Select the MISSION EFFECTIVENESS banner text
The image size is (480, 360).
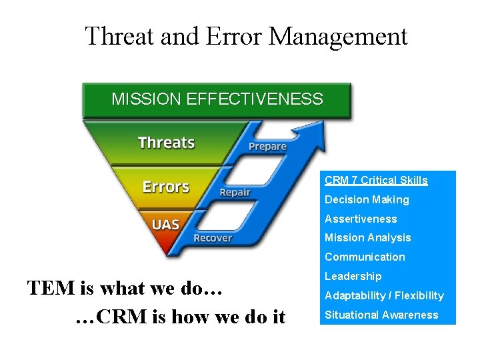coord(217,100)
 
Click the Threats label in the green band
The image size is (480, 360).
coord(166,143)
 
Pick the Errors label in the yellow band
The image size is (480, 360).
coord(166,187)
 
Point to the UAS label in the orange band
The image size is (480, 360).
coord(165,225)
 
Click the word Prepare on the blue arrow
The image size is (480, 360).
coord(267,147)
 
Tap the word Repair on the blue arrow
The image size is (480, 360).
coord(235,193)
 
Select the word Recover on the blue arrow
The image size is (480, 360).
coord(213,238)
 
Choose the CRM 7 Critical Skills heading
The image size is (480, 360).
coord(376,180)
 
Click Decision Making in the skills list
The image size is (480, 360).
coord(367,199)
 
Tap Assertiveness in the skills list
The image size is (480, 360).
coord(361,219)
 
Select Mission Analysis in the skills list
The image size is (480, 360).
coord(368,238)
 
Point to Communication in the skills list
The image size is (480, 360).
coord(365,257)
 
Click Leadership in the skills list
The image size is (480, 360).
coord(353,276)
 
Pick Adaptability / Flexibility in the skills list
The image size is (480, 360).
coord(384,295)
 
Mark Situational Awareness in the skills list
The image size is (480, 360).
coord(381,315)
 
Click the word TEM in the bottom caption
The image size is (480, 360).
coord(52,289)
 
